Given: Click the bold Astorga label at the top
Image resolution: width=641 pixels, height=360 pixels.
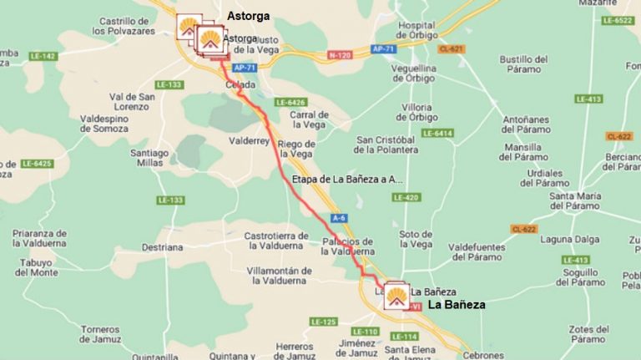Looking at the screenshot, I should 248,16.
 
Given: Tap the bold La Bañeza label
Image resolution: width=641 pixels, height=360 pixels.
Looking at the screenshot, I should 457,306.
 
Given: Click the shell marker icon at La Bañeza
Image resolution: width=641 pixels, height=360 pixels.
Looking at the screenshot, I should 396,296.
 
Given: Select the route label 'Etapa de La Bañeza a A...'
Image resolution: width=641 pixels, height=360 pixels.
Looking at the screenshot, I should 347,180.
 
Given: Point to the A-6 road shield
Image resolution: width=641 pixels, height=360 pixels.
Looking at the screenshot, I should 338,217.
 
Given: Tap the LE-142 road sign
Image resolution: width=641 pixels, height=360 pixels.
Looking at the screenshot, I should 42,56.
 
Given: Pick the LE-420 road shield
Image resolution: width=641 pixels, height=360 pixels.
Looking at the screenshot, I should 406,197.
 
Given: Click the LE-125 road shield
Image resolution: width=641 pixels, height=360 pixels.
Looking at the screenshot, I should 322,322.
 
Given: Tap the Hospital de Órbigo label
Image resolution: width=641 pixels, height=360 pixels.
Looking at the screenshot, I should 416,30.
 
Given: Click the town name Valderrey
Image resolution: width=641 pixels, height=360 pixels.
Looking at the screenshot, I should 249,141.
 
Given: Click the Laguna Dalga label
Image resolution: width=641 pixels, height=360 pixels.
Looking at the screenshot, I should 570,239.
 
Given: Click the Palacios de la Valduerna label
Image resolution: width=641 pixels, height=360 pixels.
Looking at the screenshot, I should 348,246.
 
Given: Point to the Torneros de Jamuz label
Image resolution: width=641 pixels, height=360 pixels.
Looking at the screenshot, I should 101,334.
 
